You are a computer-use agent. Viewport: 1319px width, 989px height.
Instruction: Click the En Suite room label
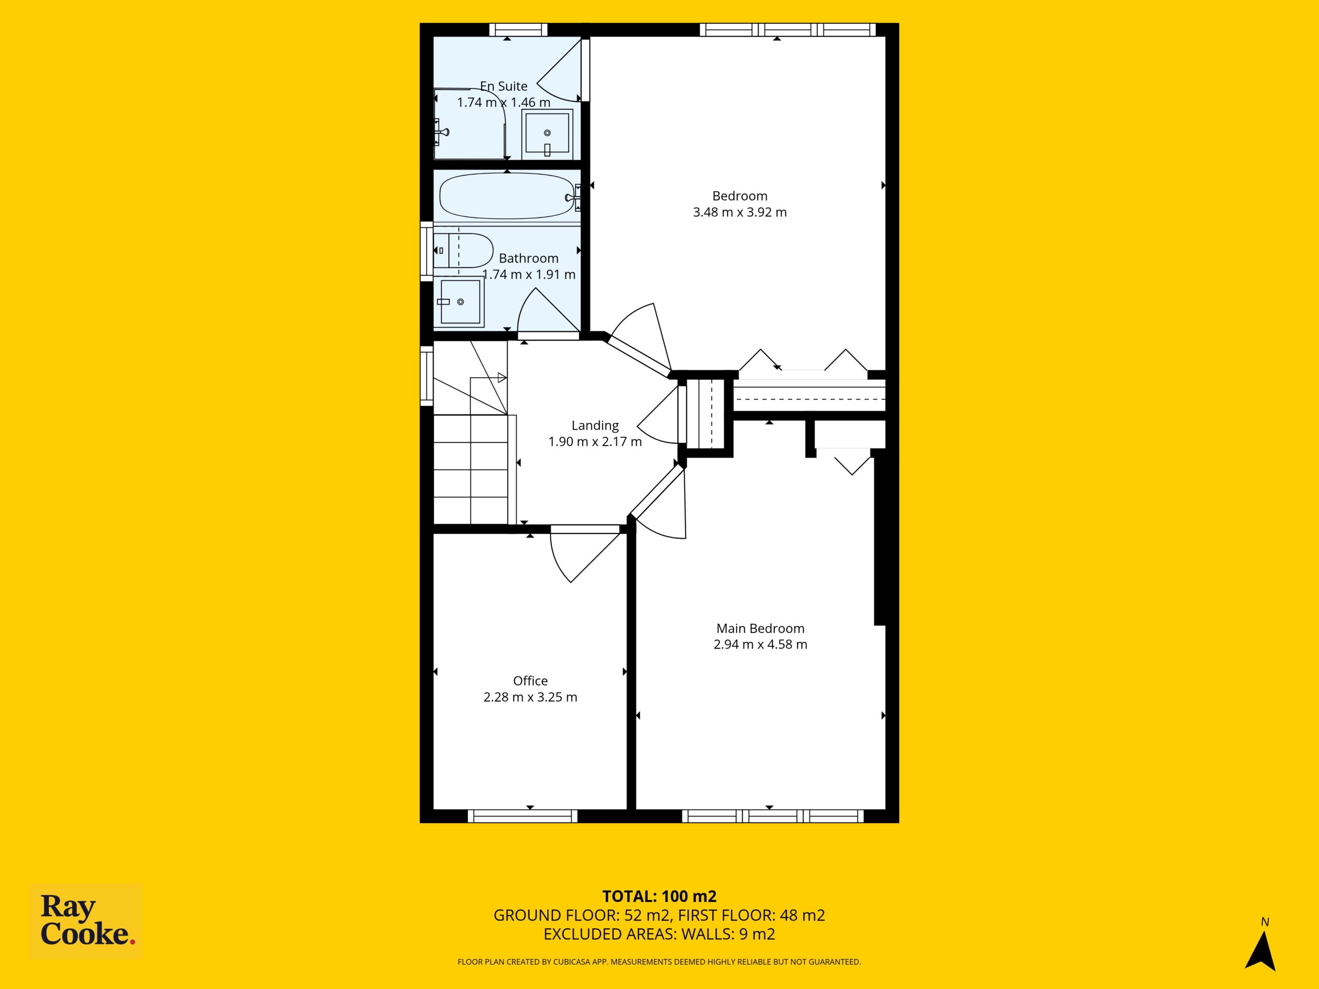(504, 86)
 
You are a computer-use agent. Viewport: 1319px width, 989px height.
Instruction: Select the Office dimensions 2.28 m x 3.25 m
(530, 697)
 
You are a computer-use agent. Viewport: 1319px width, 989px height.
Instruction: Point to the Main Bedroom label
(760, 628)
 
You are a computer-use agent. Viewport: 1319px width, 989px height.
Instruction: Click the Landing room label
(595, 425)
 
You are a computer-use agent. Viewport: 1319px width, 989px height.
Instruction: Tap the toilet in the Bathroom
(463, 251)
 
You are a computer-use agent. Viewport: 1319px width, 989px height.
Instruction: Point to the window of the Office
(522, 816)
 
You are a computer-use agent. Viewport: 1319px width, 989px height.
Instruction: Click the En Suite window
(518, 30)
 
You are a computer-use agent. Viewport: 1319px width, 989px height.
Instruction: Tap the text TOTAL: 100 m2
(659, 896)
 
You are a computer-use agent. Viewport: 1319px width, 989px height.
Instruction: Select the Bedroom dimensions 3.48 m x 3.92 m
(739, 212)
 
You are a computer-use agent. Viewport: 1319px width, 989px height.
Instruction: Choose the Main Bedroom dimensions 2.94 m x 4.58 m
(760, 644)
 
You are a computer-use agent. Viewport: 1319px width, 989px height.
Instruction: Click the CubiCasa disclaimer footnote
(659, 962)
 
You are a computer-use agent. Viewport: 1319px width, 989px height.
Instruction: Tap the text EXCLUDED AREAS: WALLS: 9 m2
(659, 934)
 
